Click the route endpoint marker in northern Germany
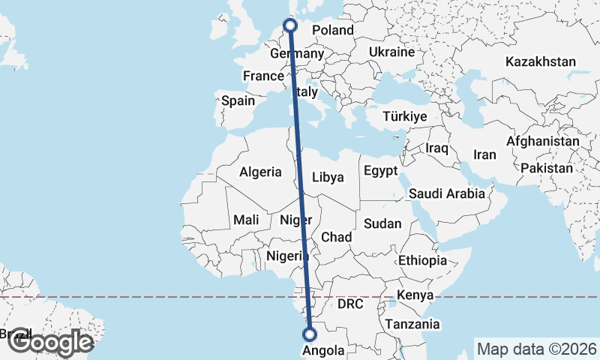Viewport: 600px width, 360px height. click(x=290, y=26)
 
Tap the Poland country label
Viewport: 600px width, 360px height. click(x=332, y=31)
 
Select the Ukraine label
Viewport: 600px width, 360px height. click(x=391, y=52)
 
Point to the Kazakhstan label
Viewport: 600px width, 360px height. click(x=541, y=61)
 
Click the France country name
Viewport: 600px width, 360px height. click(x=263, y=76)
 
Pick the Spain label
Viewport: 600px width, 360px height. click(x=238, y=100)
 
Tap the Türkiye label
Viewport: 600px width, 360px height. click(x=404, y=117)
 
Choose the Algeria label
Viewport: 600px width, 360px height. click(x=260, y=172)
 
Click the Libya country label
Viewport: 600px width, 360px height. click(x=327, y=178)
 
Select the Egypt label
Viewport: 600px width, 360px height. click(x=380, y=171)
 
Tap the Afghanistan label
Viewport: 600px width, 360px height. click(x=543, y=141)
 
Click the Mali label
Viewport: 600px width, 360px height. click(x=246, y=220)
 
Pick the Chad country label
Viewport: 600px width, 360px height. click(x=336, y=237)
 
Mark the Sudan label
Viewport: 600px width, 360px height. click(x=382, y=223)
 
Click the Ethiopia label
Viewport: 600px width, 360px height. click(x=422, y=260)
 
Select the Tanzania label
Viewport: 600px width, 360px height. click(x=412, y=325)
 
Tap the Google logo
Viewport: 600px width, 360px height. click(x=50, y=342)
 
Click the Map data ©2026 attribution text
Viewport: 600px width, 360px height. click(x=535, y=349)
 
